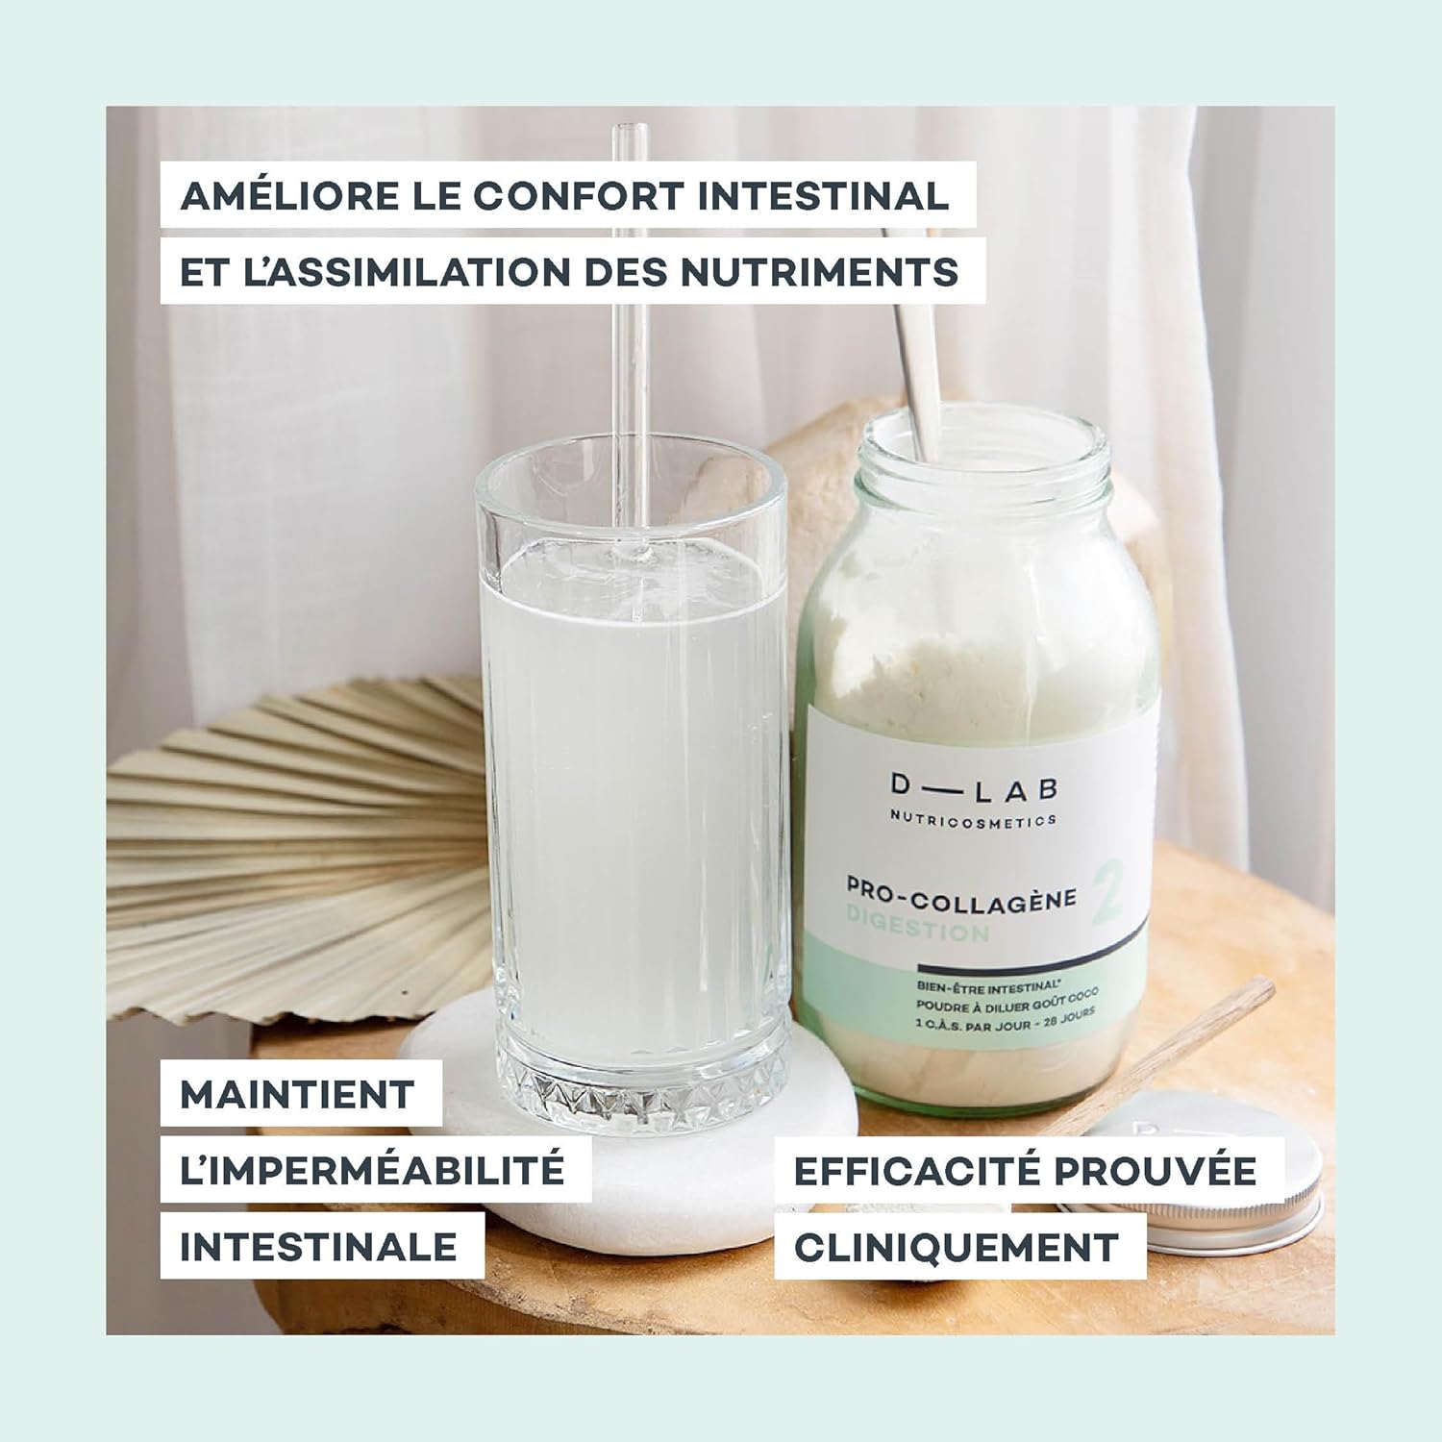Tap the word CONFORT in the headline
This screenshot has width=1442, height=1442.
pos(579,196)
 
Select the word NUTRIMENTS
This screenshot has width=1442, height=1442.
pos(820,272)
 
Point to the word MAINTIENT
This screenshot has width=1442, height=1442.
pos(297,1094)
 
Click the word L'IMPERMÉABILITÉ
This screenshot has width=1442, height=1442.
pos(372,1169)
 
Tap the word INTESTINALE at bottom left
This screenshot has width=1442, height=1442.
pos(318,1247)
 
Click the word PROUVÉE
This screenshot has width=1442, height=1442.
pos(1155,1169)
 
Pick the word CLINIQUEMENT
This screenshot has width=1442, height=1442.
pos(957,1247)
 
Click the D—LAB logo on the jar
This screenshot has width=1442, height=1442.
pos(973,789)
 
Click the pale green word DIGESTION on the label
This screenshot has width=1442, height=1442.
pos(917,930)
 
